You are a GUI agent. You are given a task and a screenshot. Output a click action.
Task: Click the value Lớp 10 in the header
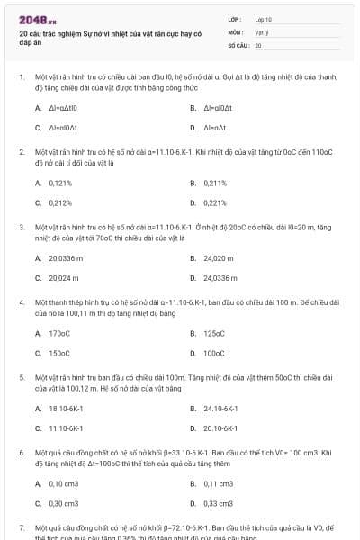(264, 19)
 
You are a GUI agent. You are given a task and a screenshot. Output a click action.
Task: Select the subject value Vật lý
(262, 31)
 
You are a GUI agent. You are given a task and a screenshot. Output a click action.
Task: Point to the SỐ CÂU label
(238, 44)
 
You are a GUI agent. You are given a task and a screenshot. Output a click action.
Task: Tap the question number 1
(21, 77)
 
